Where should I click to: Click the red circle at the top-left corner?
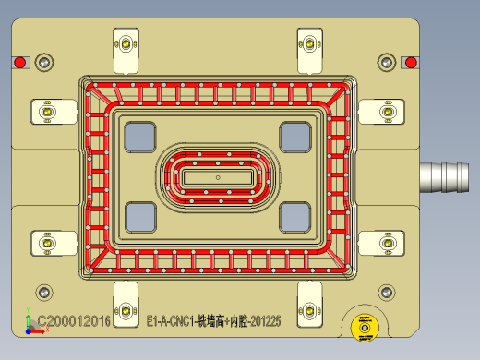[19, 63]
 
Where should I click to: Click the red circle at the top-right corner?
[412, 63]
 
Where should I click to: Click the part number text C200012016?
[73, 321]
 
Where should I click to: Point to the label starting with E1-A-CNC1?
[214, 321]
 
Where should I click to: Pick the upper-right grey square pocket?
[296, 137]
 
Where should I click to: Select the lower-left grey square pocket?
[142, 217]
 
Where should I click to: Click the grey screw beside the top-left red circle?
[42, 62]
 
